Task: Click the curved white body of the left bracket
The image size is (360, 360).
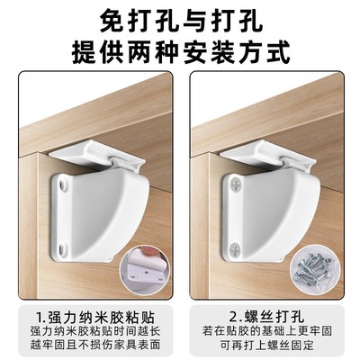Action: point(108,211)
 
